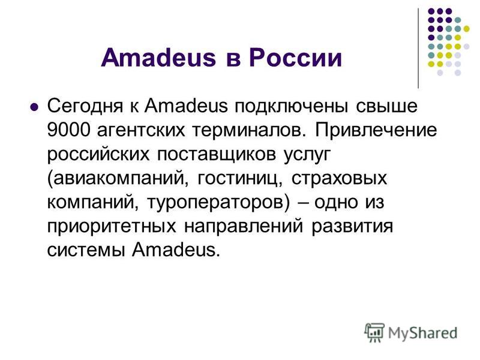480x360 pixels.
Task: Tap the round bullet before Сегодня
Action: coord(34,109)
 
